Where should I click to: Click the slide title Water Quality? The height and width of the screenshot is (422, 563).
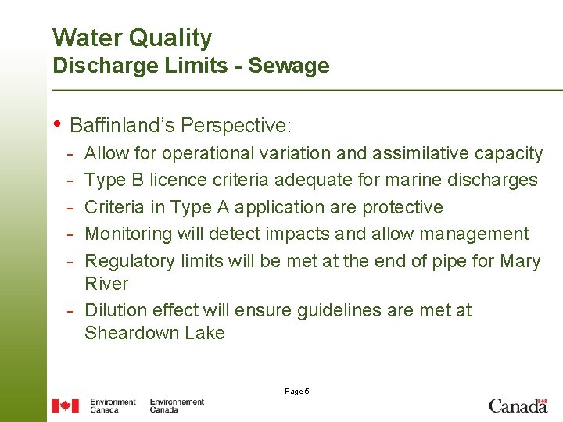(x=131, y=38)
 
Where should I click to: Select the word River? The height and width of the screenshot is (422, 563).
(x=106, y=283)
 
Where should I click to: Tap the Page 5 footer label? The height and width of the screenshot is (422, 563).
(x=297, y=391)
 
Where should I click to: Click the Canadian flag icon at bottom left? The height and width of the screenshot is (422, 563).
(x=65, y=406)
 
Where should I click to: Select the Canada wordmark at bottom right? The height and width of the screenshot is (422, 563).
(x=518, y=405)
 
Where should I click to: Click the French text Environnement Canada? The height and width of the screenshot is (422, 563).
(x=177, y=406)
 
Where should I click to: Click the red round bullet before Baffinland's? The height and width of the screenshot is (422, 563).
(x=57, y=124)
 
